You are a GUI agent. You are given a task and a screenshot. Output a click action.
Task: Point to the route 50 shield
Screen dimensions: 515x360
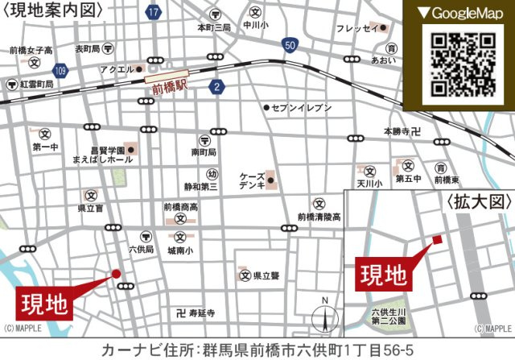pyautogui.click(x=290, y=45)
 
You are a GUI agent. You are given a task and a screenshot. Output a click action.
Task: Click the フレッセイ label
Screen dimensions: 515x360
pyautogui.click(x=358, y=29)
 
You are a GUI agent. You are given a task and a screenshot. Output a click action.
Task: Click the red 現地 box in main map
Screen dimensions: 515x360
pyautogui.click(x=44, y=304)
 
